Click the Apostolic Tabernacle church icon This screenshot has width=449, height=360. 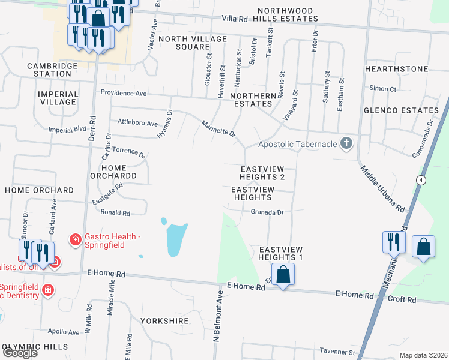pyautogui.click(x=345, y=143)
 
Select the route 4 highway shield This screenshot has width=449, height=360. pyautogui.click(x=422, y=180)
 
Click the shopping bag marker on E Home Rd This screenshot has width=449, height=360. pyautogui.click(x=283, y=275)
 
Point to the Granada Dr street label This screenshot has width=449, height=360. pyautogui.click(x=267, y=212)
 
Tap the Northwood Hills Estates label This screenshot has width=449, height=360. pyautogui.click(x=285, y=15)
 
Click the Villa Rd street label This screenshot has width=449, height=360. pyautogui.click(x=234, y=19)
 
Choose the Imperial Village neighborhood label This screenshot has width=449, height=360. pyautogui.click(x=58, y=98)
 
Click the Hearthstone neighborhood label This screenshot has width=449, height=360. pyautogui.click(x=396, y=69)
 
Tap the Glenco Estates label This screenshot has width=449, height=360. pyautogui.click(x=401, y=110)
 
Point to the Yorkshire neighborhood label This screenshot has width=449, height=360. pyautogui.click(x=164, y=320)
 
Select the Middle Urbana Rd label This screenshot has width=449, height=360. pyautogui.click(x=382, y=188)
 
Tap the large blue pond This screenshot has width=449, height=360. pyautogui.click(x=176, y=238)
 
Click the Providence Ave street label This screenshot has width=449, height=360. pyautogui.click(x=124, y=93)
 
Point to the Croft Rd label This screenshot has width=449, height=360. pyautogui.click(x=402, y=299)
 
